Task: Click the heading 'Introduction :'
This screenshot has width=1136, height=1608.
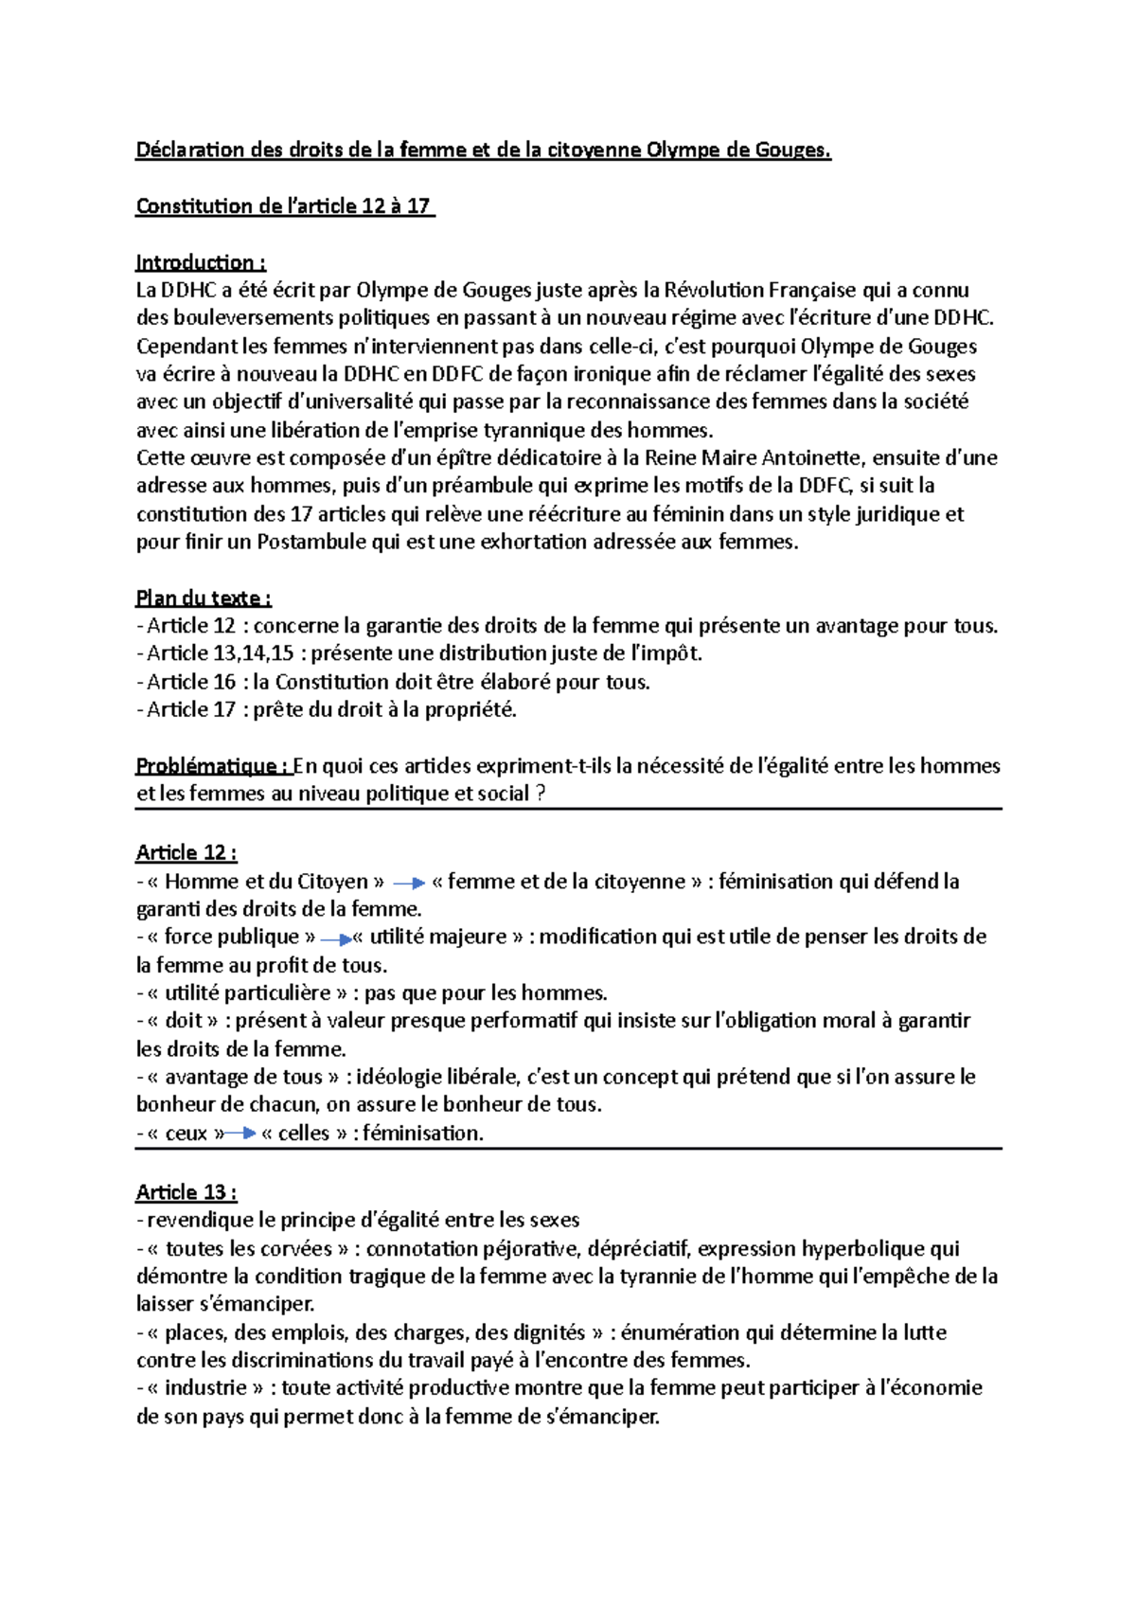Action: click(x=201, y=262)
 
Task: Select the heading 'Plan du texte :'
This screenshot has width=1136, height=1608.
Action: click(x=204, y=598)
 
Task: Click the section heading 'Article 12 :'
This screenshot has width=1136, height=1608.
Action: click(x=186, y=852)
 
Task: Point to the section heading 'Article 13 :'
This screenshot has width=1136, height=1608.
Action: click(x=186, y=1191)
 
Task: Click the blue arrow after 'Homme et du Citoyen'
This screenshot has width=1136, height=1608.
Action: click(x=409, y=883)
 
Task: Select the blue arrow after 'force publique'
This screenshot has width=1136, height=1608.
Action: click(x=336, y=939)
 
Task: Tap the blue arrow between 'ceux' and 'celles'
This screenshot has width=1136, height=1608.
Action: click(x=240, y=1133)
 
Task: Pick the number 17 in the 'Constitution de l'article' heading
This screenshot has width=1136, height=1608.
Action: click(x=418, y=206)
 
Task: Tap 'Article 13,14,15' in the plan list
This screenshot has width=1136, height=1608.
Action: click(x=221, y=653)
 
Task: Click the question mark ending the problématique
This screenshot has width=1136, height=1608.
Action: click(x=541, y=794)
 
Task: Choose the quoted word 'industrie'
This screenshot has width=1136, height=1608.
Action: click(x=205, y=1387)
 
